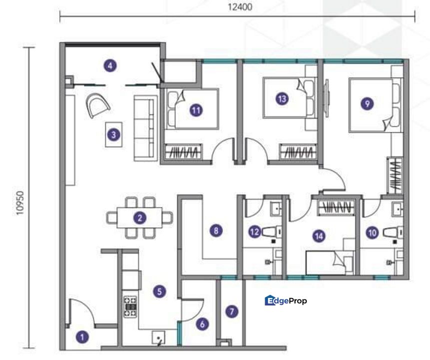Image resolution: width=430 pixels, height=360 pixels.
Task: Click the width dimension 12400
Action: (240, 7)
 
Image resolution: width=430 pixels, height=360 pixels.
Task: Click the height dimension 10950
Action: (20, 203)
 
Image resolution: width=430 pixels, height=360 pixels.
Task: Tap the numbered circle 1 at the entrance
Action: (82, 337)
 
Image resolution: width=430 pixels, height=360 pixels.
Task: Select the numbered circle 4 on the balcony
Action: (110, 65)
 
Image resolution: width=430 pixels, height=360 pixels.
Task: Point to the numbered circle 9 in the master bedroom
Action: (367, 103)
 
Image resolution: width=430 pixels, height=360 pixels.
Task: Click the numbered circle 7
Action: (232, 311)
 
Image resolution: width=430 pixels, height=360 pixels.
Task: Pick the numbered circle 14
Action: (319, 236)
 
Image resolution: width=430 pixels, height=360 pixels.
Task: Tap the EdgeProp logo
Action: (286, 300)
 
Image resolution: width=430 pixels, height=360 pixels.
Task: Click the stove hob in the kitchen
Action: (130, 306)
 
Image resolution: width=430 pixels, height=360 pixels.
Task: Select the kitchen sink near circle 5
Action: (158, 337)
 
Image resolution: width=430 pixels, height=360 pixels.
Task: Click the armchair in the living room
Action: (98, 105)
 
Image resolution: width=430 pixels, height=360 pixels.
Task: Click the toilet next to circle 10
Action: (393, 233)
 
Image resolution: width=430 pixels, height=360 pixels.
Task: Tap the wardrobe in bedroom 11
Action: (183, 152)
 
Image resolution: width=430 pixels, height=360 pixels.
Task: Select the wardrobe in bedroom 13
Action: (298, 152)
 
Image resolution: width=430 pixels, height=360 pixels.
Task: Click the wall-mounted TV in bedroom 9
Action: (326, 98)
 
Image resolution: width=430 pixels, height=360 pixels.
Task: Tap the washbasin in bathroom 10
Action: (397, 209)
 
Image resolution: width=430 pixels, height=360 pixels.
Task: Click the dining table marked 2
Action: (139, 218)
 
